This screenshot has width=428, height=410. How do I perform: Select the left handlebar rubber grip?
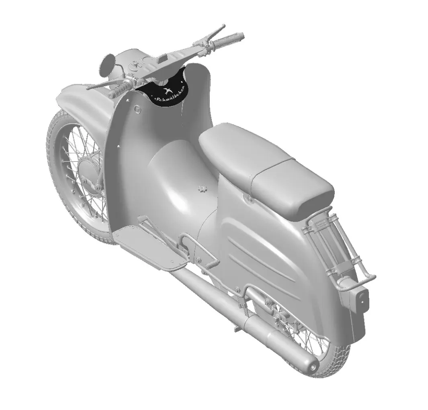coord(121,88)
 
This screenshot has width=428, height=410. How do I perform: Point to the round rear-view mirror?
coord(106,65)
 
